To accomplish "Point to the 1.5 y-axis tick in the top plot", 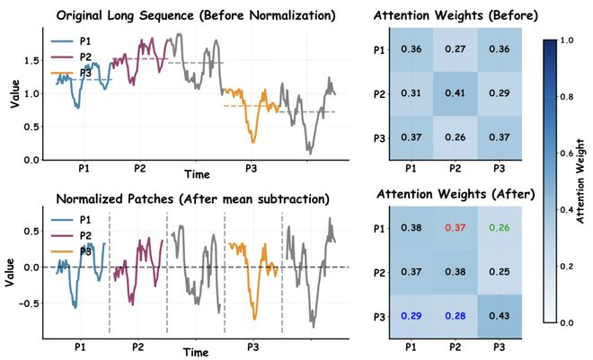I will click(31, 60).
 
